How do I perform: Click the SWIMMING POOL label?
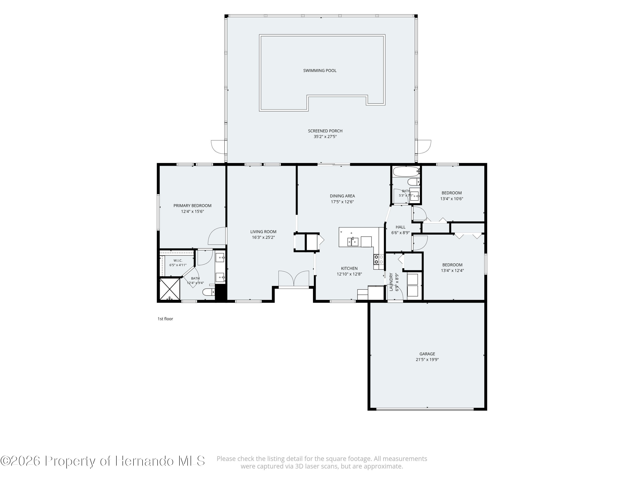pyautogui.click(x=320, y=70)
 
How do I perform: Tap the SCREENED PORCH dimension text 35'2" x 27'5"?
pyautogui.click(x=325, y=137)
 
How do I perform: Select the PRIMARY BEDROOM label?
pyautogui.click(x=192, y=206)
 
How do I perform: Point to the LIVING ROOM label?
pyautogui.click(x=263, y=232)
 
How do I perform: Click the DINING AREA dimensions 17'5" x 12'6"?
pyautogui.click(x=342, y=202)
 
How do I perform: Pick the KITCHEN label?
pyautogui.click(x=349, y=268)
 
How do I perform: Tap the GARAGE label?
pyautogui.click(x=427, y=354)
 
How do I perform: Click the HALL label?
pyautogui.click(x=401, y=227)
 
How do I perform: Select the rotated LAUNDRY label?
pyautogui.click(x=391, y=282)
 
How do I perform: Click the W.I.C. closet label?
pyautogui.click(x=178, y=261)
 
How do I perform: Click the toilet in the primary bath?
pyautogui.click(x=209, y=292)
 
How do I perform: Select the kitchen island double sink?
pyautogui.click(x=353, y=242)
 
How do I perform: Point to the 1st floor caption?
pyautogui.click(x=165, y=319)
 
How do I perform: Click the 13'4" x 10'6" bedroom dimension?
pyautogui.click(x=452, y=199)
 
